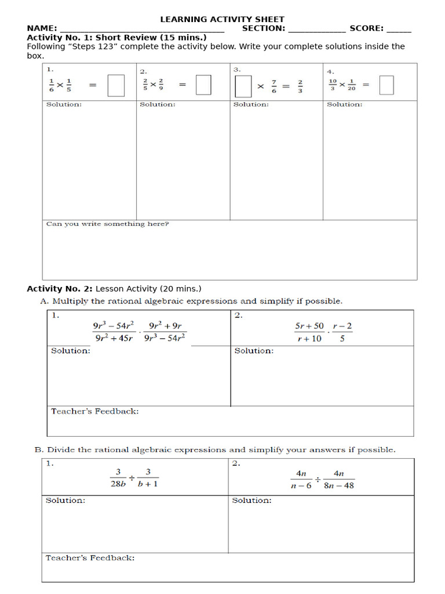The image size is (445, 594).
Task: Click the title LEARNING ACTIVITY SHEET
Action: click(x=222, y=19)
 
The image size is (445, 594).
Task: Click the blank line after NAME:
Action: click(x=142, y=29)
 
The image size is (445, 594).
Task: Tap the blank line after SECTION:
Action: click(x=316, y=29)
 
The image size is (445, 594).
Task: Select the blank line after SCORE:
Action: click(x=399, y=29)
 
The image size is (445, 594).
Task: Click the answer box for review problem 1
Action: click(x=116, y=86)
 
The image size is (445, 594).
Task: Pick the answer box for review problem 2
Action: click(x=203, y=85)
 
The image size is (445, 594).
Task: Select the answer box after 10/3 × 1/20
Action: click(x=386, y=85)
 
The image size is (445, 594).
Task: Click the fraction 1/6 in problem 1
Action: click(x=51, y=85)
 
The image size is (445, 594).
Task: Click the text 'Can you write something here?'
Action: click(x=108, y=224)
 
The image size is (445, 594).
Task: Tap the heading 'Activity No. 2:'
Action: click(x=60, y=288)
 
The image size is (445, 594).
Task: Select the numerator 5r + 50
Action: click(x=309, y=326)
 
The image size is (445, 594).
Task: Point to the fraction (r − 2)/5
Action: click(x=342, y=332)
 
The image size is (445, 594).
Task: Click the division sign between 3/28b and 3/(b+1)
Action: click(x=132, y=479)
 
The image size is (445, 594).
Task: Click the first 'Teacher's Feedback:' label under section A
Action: click(x=95, y=411)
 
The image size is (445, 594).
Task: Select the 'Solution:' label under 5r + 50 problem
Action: click(x=254, y=351)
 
